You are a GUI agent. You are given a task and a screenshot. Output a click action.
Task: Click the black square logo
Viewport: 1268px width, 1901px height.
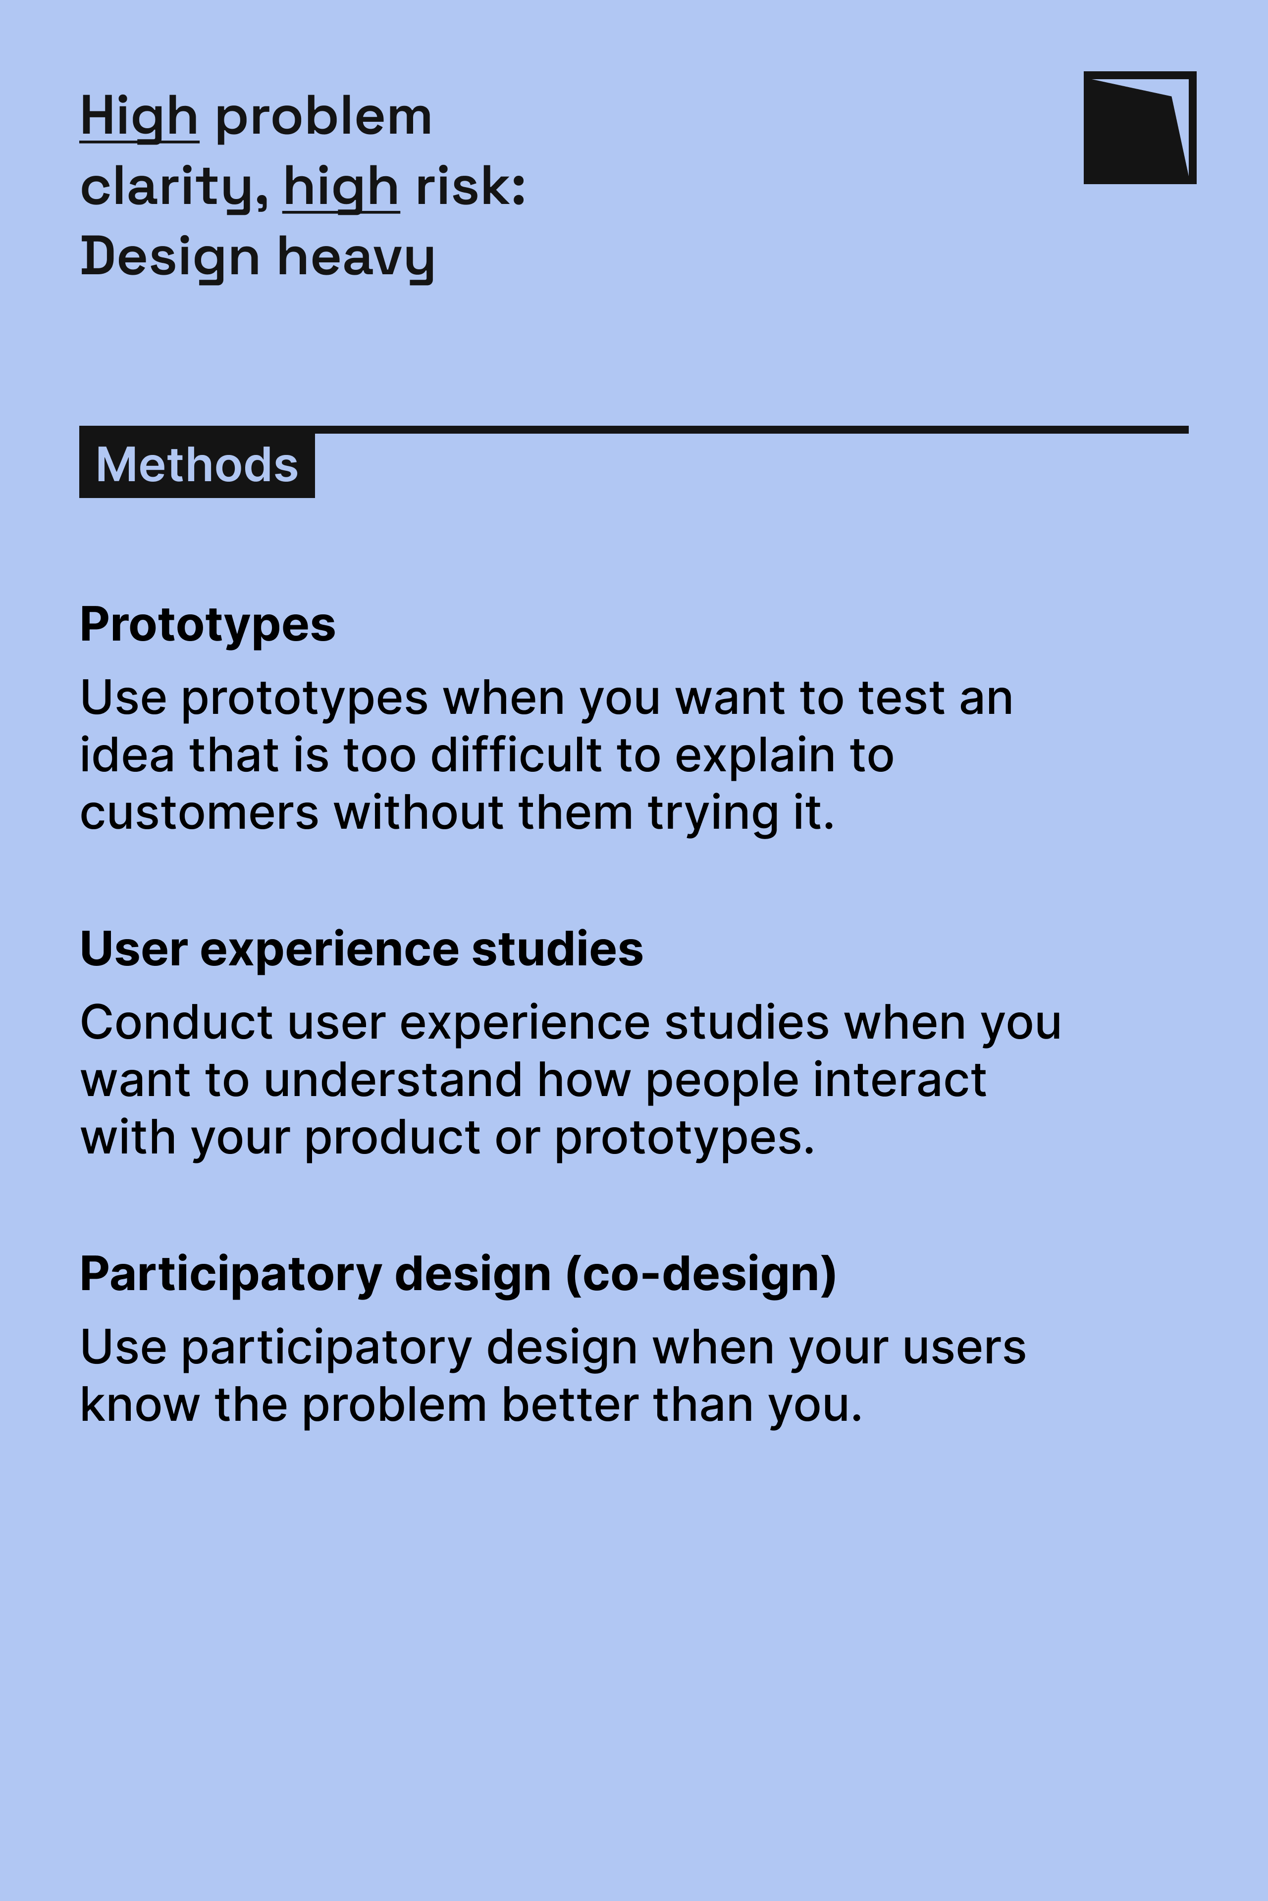1139,128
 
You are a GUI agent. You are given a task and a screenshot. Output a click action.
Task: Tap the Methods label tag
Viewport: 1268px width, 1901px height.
197,465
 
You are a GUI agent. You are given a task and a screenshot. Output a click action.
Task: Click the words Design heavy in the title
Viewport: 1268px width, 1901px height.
257,257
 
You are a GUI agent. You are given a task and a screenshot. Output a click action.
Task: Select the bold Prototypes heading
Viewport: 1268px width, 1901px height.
207,625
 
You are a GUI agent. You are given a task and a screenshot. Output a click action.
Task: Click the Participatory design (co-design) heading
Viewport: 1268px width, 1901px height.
458,1275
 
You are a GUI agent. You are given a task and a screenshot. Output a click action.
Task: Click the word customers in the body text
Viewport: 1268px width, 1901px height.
199,813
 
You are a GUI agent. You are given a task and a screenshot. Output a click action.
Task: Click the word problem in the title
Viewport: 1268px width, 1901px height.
323,118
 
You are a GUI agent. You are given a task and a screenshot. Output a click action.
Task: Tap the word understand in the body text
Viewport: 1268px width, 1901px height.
393,1081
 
